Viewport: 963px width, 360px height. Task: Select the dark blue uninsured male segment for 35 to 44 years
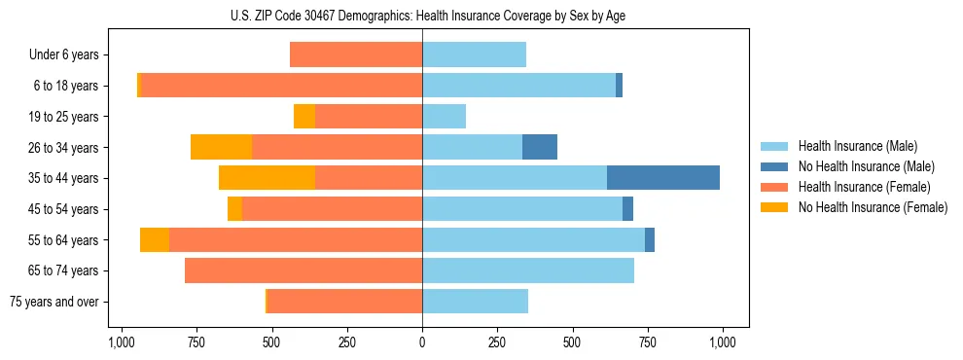pyautogui.click(x=663, y=178)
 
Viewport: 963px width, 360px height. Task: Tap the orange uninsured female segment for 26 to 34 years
pyautogui.click(x=221, y=147)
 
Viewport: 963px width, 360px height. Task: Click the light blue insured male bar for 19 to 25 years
pyautogui.click(x=444, y=117)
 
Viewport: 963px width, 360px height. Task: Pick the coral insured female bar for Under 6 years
pyautogui.click(x=356, y=55)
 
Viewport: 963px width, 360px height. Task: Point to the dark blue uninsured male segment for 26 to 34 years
pyautogui.click(x=540, y=147)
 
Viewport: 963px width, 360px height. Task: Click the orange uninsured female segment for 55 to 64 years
pyautogui.click(x=155, y=240)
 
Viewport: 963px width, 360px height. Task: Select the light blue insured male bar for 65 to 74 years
pyautogui.click(x=528, y=270)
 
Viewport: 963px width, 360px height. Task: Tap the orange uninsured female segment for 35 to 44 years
pyautogui.click(x=267, y=178)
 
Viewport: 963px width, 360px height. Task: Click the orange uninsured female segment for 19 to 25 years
pyautogui.click(x=304, y=117)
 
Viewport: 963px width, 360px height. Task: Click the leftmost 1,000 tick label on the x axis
pyautogui.click(x=121, y=343)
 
